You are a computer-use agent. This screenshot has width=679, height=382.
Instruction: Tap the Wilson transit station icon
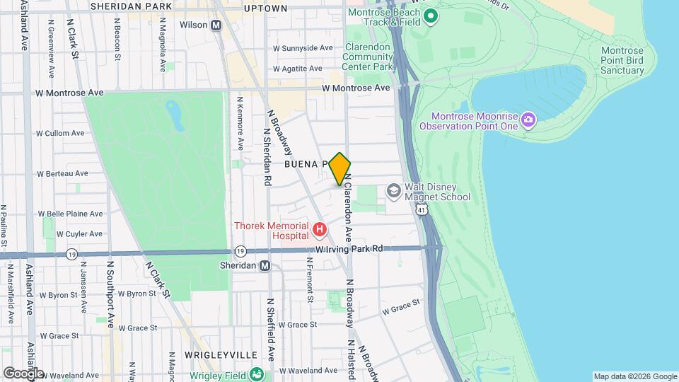click(x=216, y=25)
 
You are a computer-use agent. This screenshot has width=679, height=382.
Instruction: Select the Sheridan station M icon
click(x=265, y=266)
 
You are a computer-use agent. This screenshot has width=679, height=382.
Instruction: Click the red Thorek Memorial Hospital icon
click(x=320, y=229)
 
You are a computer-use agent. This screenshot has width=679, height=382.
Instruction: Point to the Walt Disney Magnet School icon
click(x=393, y=191)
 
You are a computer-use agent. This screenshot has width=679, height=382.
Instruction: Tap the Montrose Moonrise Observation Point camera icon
click(x=528, y=120)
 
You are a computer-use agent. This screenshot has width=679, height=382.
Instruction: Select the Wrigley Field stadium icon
click(x=257, y=374)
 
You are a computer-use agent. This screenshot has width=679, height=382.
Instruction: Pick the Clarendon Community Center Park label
click(x=367, y=57)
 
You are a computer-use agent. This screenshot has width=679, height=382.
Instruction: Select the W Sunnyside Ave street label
click(x=303, y=48)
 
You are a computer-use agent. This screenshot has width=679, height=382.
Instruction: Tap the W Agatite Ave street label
click(x=298, y=69)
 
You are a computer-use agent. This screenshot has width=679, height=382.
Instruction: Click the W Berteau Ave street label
click(x=63, y=173)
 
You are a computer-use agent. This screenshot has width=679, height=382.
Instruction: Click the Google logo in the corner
click(x=23, y=373)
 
